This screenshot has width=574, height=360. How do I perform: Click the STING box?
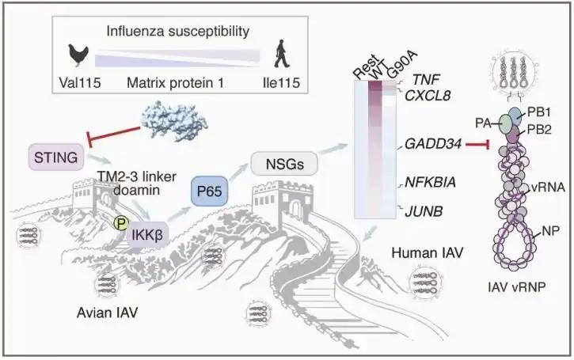tap(55, 158)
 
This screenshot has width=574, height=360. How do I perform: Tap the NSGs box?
tap(283, 164)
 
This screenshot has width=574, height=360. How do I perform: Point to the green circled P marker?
tap(120, 224)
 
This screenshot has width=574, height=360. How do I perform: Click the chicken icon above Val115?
tap(78, 55)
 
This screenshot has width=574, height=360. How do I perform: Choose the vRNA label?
tap(549, 188)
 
